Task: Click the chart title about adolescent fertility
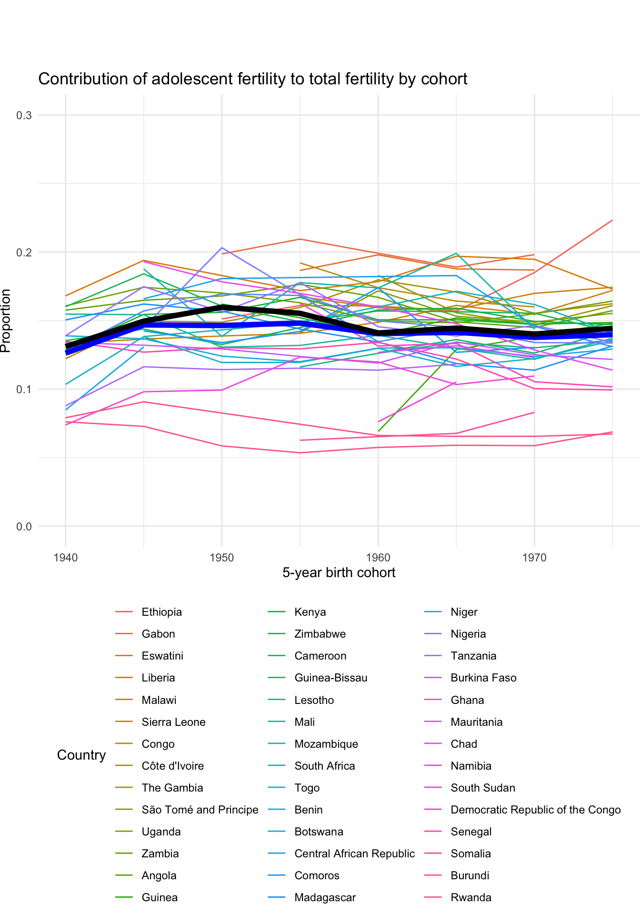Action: (252, 79)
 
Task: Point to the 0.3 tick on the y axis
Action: (24, 115)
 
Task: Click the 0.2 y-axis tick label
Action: (24, 252)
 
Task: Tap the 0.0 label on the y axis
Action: (24, 527)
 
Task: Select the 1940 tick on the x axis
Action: (66, 557)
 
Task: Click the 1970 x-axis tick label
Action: (534, 557)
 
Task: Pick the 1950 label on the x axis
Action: (222, 557)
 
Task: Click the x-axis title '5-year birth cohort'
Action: (339, 572)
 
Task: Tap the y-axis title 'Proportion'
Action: (6, 321)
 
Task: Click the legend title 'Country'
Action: (81, 755)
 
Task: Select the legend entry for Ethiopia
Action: (161, 612)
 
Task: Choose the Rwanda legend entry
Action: (470, 897)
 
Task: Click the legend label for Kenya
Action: (310, 612)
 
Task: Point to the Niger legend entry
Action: (464, 612)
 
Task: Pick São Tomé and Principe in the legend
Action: (200, 810)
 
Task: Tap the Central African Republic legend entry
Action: (354, 854)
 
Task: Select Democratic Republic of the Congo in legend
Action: (535, 810)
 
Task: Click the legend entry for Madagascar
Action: (325, 897)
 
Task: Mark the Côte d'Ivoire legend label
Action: (172, 766)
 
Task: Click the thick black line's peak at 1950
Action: (222, 307)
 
